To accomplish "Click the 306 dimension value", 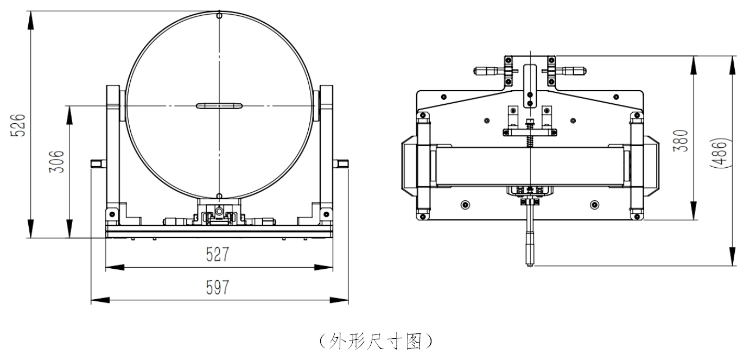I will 58,161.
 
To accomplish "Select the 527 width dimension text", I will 218,255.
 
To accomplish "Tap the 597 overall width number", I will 218,287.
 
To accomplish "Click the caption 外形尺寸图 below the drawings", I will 374,341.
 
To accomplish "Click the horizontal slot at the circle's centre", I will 219,105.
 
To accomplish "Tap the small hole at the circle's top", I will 219,16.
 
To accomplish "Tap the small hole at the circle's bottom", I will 219,195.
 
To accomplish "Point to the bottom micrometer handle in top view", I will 528,247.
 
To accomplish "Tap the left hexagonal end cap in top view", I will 408,166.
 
